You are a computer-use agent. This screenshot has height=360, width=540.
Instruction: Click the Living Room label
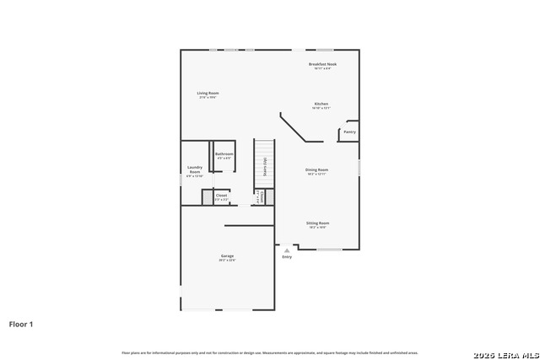coord(208,93)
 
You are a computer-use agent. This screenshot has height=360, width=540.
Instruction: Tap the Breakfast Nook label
coord(322,64)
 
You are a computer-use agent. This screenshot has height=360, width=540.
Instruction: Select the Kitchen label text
coord(321,104)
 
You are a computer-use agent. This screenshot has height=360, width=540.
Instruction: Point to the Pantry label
coord(349,132)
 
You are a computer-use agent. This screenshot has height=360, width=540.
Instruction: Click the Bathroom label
coord(224,153)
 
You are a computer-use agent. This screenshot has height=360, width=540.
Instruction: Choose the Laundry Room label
coord(195,169)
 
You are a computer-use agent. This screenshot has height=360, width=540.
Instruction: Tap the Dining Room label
coord(317,169)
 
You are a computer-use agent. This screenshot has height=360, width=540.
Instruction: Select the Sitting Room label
coord(317,223)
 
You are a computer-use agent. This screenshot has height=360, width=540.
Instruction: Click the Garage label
coord(227,255)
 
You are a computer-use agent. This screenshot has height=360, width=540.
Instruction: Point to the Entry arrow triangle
coord(287,250)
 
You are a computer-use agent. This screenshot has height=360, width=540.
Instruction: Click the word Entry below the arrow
coord(287,257)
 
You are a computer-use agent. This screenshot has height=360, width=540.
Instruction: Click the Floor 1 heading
coord(21,323)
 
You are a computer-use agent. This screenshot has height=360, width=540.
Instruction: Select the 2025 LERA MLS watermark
coord(505,353)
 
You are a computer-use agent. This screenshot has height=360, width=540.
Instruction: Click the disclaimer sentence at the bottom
coord(270,352)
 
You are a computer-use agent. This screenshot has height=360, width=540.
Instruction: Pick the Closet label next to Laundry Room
coord(221,195)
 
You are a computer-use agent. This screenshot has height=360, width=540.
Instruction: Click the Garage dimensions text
coord(227,261)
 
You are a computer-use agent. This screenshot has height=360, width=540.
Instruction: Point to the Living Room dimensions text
coord(208,98)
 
